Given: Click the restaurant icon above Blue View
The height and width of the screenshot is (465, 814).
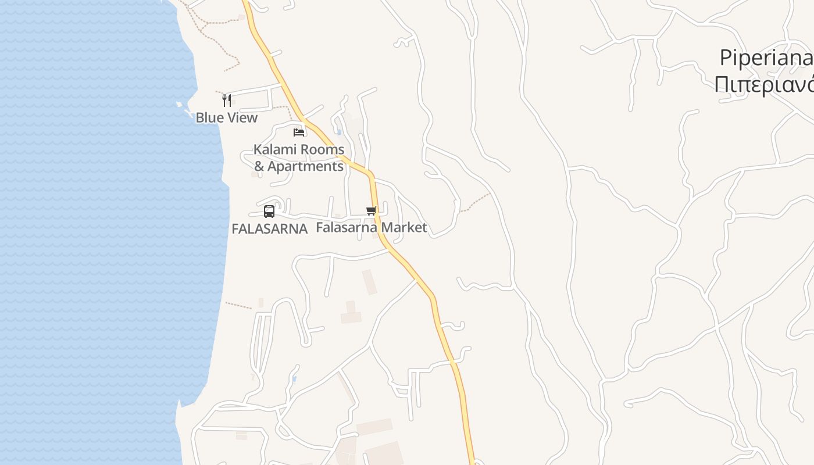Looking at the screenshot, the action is tap(227, 101).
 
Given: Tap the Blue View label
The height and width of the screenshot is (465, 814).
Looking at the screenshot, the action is tap(226, 117).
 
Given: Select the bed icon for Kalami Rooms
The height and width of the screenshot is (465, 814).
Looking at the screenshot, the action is tap(299, 132).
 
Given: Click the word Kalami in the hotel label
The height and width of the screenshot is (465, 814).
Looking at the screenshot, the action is tap(274, 149).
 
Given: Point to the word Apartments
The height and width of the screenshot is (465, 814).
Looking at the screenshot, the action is tap(306, 166).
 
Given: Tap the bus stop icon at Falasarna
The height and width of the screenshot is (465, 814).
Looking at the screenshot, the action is tap(269, 212).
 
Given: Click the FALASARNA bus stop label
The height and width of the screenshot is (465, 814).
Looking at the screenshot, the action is tap(269, 229).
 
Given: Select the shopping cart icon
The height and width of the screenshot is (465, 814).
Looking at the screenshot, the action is tap(371, 210).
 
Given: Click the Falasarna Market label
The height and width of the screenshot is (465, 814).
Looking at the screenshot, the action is tap(371, 227).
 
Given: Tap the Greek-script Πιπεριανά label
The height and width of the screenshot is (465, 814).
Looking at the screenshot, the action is tap(763, 85).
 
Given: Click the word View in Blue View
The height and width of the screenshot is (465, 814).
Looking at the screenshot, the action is tap(242, 117).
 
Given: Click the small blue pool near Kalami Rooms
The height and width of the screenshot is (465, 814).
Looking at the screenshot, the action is tap(339, 133).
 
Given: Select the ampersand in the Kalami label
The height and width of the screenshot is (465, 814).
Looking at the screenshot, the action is tap(259, 166).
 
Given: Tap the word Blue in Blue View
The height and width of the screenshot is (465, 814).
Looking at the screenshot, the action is tap(209, 117).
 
